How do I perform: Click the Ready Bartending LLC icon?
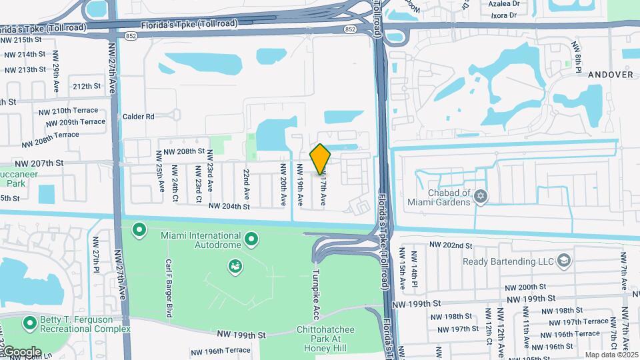coord(564,259)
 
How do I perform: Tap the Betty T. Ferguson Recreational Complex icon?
coord(29,323)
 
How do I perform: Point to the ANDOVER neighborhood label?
coord(610,75)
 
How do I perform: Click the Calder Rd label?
coord(139,116)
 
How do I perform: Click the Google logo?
coord(21,352)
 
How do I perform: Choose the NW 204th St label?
coord(229,207)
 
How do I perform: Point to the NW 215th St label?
coord(22,40)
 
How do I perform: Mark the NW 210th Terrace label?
coord(68,111)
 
